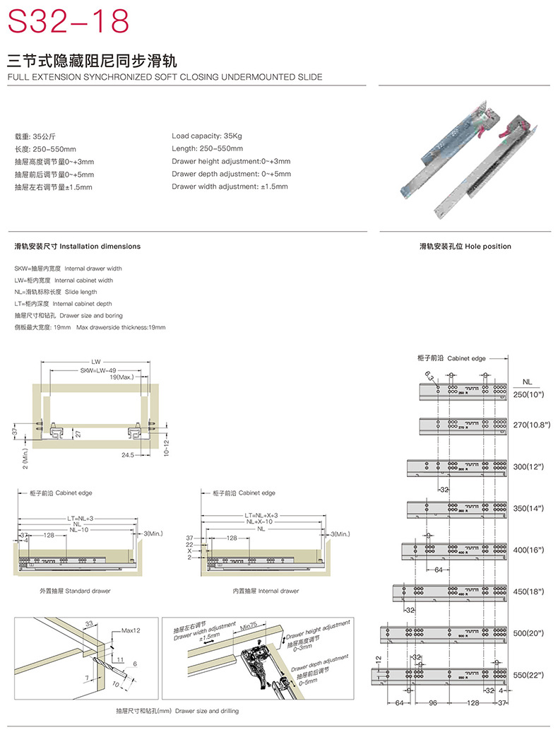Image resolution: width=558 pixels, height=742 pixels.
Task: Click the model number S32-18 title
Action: coord(69,22)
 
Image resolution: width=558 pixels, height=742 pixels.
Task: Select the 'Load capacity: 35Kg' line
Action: coord(207,135)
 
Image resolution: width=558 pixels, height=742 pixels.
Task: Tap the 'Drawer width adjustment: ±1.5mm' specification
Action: coord(230,187)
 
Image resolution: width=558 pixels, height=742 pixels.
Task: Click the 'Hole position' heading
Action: coord(465,247)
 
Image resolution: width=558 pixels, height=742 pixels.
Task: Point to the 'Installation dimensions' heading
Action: coord(78,247)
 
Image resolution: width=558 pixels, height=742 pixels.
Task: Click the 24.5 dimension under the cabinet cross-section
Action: coord(127,455)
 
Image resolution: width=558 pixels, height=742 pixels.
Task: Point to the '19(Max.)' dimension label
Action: coord(122,378)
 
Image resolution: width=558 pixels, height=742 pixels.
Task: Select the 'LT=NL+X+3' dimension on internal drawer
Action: coord(262,516)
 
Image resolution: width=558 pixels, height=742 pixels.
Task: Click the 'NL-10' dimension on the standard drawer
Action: coord(78,529)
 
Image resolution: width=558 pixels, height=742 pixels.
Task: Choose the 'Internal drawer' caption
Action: coord(266,591)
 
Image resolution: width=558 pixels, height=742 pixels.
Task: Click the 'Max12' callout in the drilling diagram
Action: coord(131,630)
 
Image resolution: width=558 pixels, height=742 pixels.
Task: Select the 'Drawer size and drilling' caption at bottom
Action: coord(178,711)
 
